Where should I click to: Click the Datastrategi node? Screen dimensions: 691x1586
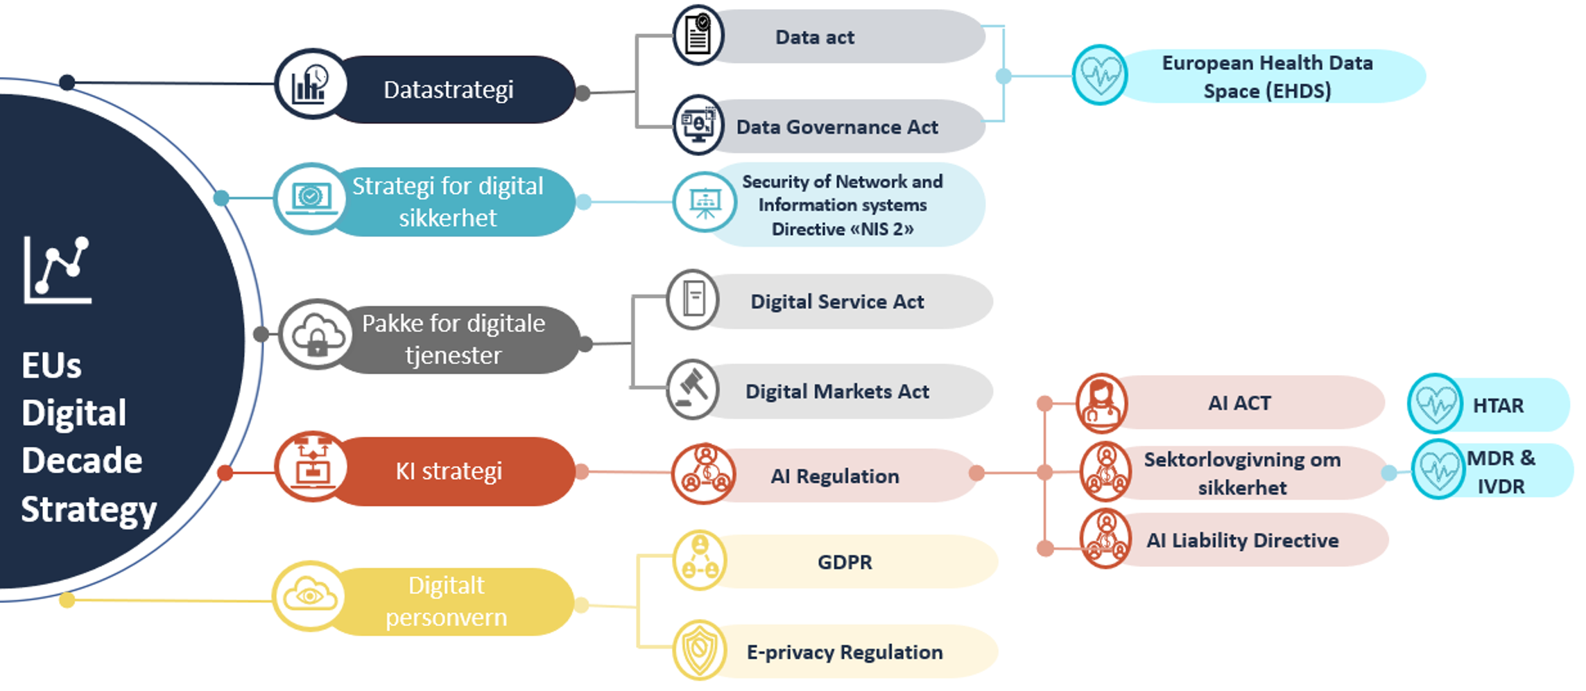tap(449, 90)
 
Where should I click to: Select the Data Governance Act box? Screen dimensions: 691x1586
tap(837, 128)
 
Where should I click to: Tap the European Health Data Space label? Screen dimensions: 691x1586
tap(1267, 77)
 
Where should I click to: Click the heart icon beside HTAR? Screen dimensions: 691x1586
tap(1435, 403)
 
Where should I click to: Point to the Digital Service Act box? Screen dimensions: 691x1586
tap(837, 302)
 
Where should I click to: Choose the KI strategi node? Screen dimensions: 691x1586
tap(449, 472)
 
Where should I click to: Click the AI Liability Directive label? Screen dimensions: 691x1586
tap(1242, 541)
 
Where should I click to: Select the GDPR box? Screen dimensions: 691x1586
tap(844, 562)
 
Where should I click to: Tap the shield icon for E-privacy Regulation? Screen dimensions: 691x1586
tap(699, 650)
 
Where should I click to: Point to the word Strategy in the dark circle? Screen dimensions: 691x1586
tap(89, 510)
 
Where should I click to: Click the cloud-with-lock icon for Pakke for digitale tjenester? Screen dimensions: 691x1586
tap(317, 335)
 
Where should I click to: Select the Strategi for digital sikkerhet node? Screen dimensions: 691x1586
tap(447, 202)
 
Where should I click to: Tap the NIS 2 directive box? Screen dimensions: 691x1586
tap(842, 205)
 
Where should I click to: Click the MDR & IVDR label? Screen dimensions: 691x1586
tap(1501, 472)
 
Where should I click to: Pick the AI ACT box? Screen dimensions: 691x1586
tap(1239, 403)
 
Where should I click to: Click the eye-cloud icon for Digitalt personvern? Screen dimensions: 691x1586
tap(309, 596)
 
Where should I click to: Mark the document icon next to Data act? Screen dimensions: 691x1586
tap(698, 35)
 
